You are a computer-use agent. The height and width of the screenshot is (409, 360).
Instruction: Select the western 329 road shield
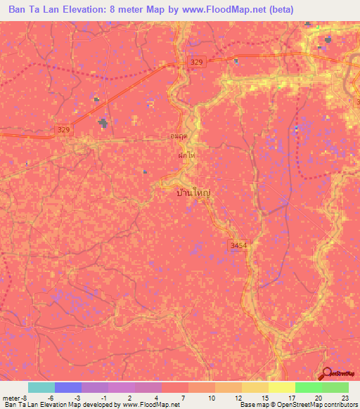(x=64, y=129)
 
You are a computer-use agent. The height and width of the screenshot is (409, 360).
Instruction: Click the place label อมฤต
(x=179, y=136)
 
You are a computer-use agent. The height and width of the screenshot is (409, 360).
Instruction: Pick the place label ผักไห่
(x=186, y=156)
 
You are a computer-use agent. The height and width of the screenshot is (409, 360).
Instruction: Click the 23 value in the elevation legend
(x=346, y=398)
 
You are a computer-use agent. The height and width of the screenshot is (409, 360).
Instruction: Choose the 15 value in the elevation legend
(x=265, y=398)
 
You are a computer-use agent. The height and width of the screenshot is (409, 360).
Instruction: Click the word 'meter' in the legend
(x=11, y=398)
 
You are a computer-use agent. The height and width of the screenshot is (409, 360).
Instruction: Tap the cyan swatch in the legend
(x=41, y=387)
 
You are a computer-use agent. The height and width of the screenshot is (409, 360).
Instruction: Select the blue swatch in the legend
(x=67, y=387)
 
